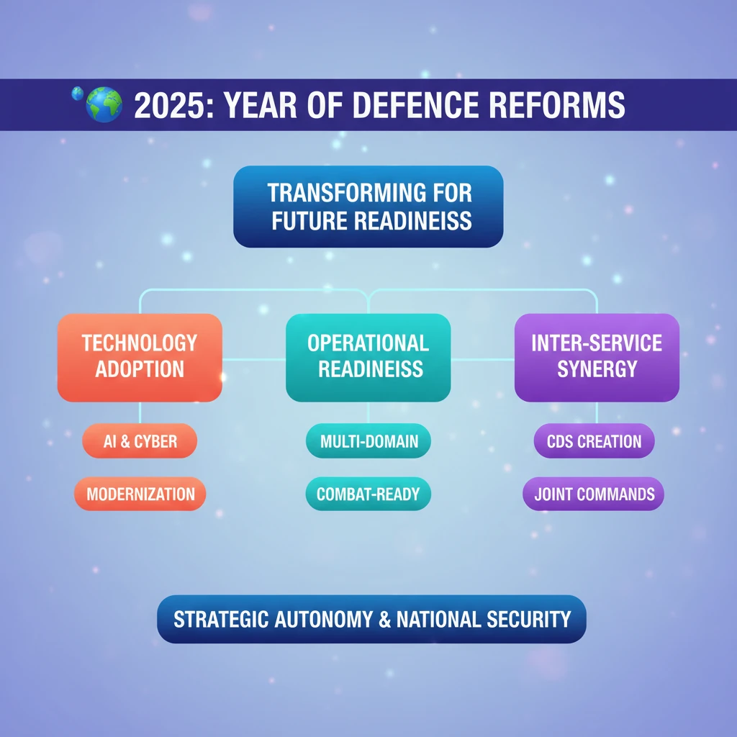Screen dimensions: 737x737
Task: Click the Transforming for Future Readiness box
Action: [x=368, y=207]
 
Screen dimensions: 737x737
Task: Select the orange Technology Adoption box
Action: [x=140, y=357]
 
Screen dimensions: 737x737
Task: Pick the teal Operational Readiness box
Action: [x=368, y=357]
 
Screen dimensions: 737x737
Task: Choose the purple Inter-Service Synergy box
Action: [x=597, y=357]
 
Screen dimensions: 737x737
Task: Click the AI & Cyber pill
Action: [x=140, y=441]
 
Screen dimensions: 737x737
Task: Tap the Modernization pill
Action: [x=140, y=494]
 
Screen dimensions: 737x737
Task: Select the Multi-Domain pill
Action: [x=368, y=441]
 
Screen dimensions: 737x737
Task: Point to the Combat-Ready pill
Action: [x=368, y=494]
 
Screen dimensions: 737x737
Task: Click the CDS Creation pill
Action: [x=594, y=441]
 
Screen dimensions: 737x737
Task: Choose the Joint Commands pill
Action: [x=594, y=494]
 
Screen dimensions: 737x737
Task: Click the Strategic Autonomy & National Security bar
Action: [x=371, y=619]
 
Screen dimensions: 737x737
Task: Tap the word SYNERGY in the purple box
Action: [x=597, y=370]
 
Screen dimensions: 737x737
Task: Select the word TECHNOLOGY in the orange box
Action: [x=140, y=343]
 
